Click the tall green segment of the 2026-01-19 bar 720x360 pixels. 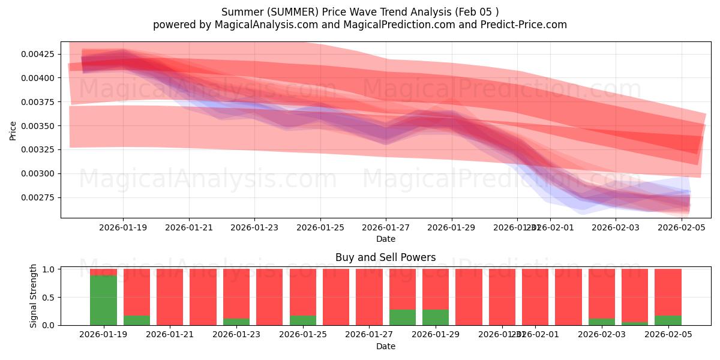(103, 300)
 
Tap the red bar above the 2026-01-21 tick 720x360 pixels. (170, 297)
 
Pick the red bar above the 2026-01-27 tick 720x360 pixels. (369, 297)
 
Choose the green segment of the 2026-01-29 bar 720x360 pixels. (436, 317)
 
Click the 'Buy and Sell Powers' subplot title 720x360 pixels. (385, 257)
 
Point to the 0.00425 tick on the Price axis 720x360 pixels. (38, 54)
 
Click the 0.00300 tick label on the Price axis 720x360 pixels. (38, 174)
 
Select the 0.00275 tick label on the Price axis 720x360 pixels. (38, 197)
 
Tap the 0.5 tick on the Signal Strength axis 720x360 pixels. (50, 298)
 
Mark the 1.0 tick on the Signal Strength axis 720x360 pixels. (50, 269)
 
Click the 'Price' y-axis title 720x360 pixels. (13, 130)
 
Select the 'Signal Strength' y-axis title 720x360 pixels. (34, 296)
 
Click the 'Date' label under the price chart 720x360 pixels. (385, 239)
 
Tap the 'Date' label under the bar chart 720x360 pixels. (385, 346)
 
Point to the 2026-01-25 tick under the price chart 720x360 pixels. (320, 227)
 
